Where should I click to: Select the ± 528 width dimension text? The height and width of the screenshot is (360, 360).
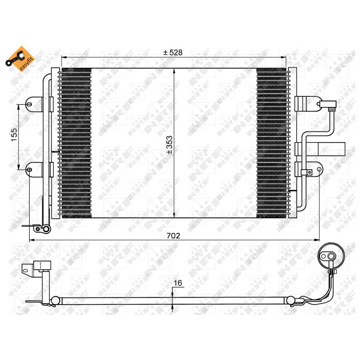(x=173, y=52)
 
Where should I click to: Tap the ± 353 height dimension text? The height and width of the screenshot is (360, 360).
(x=170, y=144)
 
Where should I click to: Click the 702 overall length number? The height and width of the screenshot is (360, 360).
(x=173, y=235)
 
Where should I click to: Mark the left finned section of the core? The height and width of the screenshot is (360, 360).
(x=76, y=143)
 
